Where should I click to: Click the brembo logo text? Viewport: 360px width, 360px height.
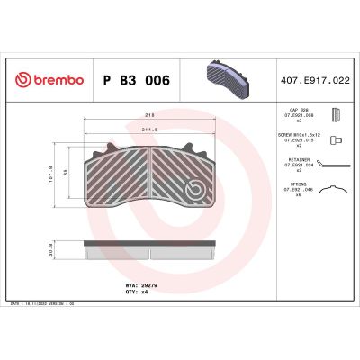coord(47,82)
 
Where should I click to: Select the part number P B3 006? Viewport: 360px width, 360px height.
coord(137,81)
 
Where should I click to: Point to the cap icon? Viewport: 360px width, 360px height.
coord(336,115)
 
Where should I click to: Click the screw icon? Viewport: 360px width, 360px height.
coord(335,140)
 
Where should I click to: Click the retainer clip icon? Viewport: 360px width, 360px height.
coord(336,166)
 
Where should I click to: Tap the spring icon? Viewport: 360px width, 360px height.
coord(336,191)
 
